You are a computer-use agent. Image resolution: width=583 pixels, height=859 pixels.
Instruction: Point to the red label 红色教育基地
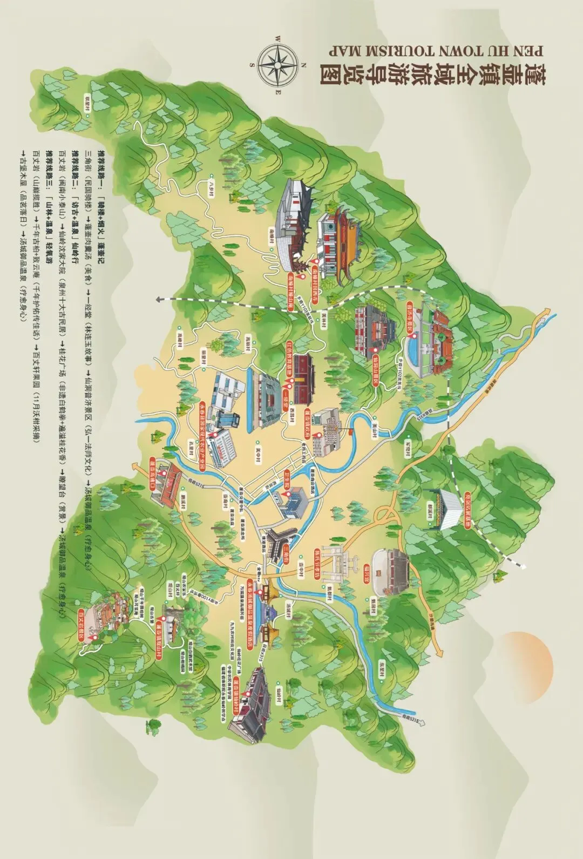point(289,355)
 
